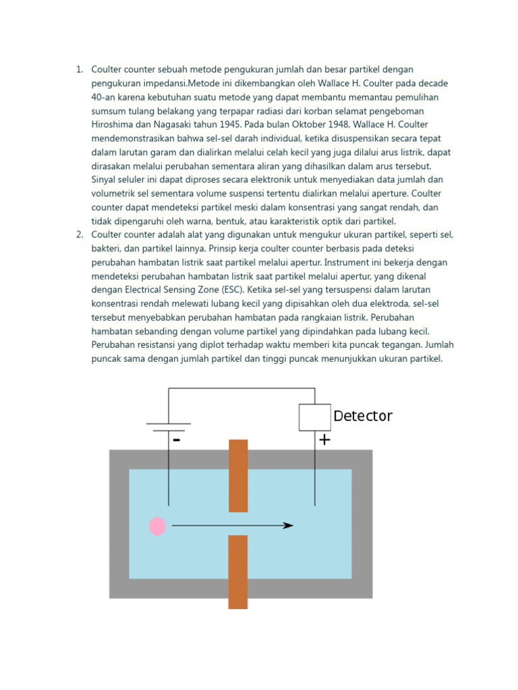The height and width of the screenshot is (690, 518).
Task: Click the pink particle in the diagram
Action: [x=157, y=526]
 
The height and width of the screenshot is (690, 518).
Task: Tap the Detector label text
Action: [x=363, y=416]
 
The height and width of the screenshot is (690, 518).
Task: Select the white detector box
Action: [x=314, y=417]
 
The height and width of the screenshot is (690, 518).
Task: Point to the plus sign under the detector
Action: [x=324, y=440]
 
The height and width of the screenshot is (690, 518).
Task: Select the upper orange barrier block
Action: [x=238, y=475]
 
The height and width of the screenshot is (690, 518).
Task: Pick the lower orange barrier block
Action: [x=238, y=571]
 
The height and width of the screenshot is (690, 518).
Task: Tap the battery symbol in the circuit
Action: [x=169, y=427]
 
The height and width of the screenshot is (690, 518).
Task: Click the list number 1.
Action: [x=78, y=69]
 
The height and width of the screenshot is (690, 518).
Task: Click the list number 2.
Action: [x=78, y=234]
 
